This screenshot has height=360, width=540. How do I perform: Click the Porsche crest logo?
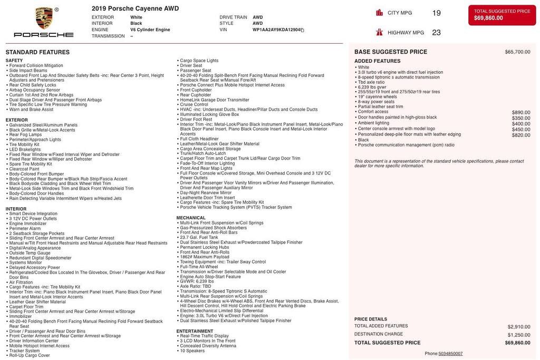coord(44,18)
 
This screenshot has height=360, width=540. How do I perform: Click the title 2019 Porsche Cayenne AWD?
coord(135,8)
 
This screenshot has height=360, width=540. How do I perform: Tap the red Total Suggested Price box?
coord(502,15)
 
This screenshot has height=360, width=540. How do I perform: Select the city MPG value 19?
coord(436,13)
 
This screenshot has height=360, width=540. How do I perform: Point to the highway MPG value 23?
coord(436,33)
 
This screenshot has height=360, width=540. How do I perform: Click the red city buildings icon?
coord(379,13)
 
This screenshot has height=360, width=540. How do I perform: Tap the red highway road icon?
coord(379,33)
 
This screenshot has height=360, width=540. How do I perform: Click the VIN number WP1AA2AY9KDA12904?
coord(276,30)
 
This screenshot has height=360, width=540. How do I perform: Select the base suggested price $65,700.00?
coord(517,52)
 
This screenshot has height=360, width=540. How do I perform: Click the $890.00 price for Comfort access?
coord(521,112)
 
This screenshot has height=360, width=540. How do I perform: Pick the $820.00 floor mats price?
coord(521,135)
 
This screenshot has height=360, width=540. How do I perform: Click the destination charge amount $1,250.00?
coord(519,335)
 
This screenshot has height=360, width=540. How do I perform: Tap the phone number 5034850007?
coord(450,354)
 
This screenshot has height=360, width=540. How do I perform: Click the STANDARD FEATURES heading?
coord(37,52)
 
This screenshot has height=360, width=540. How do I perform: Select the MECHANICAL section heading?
coord(191,218)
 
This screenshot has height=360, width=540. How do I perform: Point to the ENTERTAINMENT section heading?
coord(195,331)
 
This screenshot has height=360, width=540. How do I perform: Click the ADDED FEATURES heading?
coord(377,61)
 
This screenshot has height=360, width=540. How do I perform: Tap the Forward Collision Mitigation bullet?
coord(36,65)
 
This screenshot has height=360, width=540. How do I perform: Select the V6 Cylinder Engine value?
coord(150,30)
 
